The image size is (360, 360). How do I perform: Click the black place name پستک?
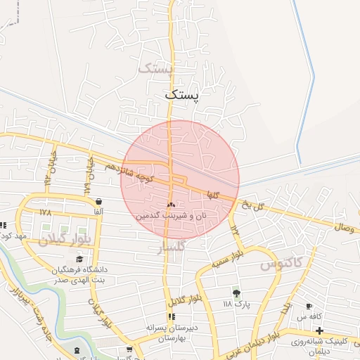(182, 94)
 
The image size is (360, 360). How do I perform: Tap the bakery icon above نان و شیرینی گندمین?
(171, 205)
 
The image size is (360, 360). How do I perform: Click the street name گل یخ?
(252, 205)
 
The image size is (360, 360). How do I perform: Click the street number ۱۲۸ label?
(46, 212)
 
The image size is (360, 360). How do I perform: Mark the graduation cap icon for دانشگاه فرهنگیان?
(79, 259)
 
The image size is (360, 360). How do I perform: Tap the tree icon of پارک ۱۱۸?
(236, 293)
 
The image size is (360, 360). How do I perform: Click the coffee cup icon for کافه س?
(309, 307)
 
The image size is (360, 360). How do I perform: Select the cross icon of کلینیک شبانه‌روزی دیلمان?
(319, 330)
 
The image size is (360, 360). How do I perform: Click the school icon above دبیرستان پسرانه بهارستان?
(172, 316)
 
